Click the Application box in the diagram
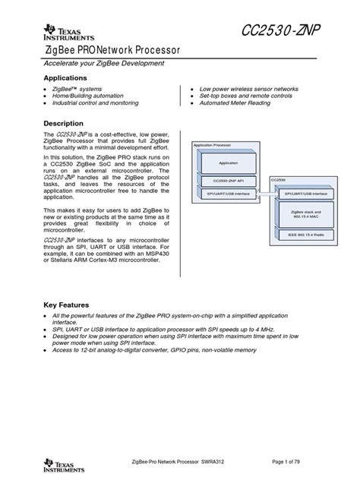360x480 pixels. tap(228, 163)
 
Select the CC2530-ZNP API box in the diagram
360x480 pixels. tap(228, 181)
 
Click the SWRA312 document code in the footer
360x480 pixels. tap(232, 462)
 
